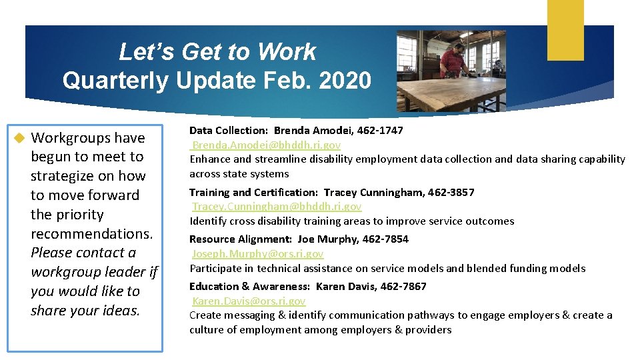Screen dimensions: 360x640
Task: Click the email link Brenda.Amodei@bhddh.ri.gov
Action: (x=266, y=145)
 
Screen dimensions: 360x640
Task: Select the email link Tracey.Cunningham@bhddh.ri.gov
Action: (x=277, y=207)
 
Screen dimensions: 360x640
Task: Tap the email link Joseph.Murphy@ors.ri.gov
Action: (x=257, y=253)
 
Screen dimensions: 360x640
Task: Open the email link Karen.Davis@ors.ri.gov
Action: (x=249, y=301)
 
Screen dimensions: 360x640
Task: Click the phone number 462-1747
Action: (x=381, y=130)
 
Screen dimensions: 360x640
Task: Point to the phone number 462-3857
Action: (x=452, y=192)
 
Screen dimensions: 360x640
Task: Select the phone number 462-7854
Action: (x=386, y=239)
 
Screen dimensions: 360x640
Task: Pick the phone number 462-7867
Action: (x=404, y=286)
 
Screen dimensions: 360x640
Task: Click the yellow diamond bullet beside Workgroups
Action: (x=19, y=138)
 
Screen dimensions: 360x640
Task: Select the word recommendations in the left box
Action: (x=91, y=234)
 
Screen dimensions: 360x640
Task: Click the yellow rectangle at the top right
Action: (x=565, y=30)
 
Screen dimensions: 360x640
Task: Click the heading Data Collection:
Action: (x=229, y=130)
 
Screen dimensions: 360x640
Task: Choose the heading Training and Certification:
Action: (x=254, y=192)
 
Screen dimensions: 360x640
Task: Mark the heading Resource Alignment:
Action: (x=241, y=239)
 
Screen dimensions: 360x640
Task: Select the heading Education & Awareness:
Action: (x=249, y=286)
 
